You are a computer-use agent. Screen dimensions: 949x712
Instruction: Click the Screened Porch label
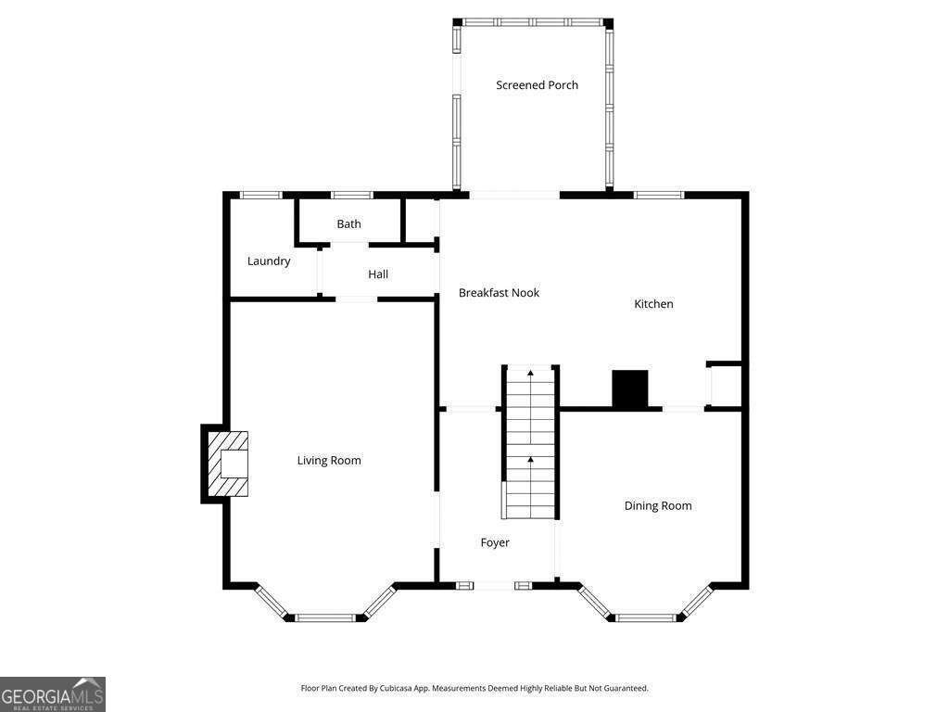tap(537, 84)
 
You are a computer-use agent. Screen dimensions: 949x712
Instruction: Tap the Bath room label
tap(348, 224)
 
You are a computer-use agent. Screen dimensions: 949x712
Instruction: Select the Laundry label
tap(269, 261)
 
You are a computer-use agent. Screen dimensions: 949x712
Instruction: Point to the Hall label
tap(378, 274)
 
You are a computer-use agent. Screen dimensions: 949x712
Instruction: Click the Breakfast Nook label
tap(499, 293)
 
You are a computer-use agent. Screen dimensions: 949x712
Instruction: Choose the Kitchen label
tap(653, 304)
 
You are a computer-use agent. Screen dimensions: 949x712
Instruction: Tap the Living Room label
tap(329, 461)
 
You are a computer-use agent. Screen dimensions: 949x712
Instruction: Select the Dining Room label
tap(658, 505)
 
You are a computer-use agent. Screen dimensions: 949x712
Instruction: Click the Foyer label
tap(495, 542)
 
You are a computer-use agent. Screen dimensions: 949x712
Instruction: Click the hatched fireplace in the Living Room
tap(228, 464)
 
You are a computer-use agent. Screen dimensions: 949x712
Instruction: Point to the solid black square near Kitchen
tap(630, 388)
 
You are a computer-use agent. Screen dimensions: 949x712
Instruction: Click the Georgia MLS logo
tap(53, 694)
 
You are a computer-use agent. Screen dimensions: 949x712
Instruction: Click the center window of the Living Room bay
tap(325, 618)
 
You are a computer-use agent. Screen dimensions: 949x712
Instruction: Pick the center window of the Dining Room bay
tap(645, 618)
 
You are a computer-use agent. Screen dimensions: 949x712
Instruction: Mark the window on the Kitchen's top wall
tap(659, 195)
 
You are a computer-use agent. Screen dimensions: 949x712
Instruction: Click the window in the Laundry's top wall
tap(261, 195)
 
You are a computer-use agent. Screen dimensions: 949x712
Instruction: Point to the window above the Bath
tap(352, 195)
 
